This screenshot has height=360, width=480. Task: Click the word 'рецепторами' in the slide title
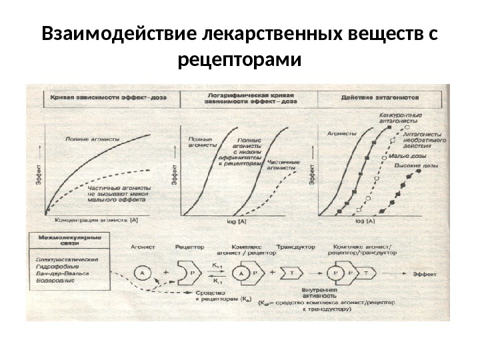pos(240,61)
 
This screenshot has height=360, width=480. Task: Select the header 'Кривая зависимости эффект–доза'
pos(106,97)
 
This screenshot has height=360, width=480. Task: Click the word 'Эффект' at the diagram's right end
pos(424,274)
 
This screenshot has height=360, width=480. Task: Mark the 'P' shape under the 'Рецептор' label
pos(189,273)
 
